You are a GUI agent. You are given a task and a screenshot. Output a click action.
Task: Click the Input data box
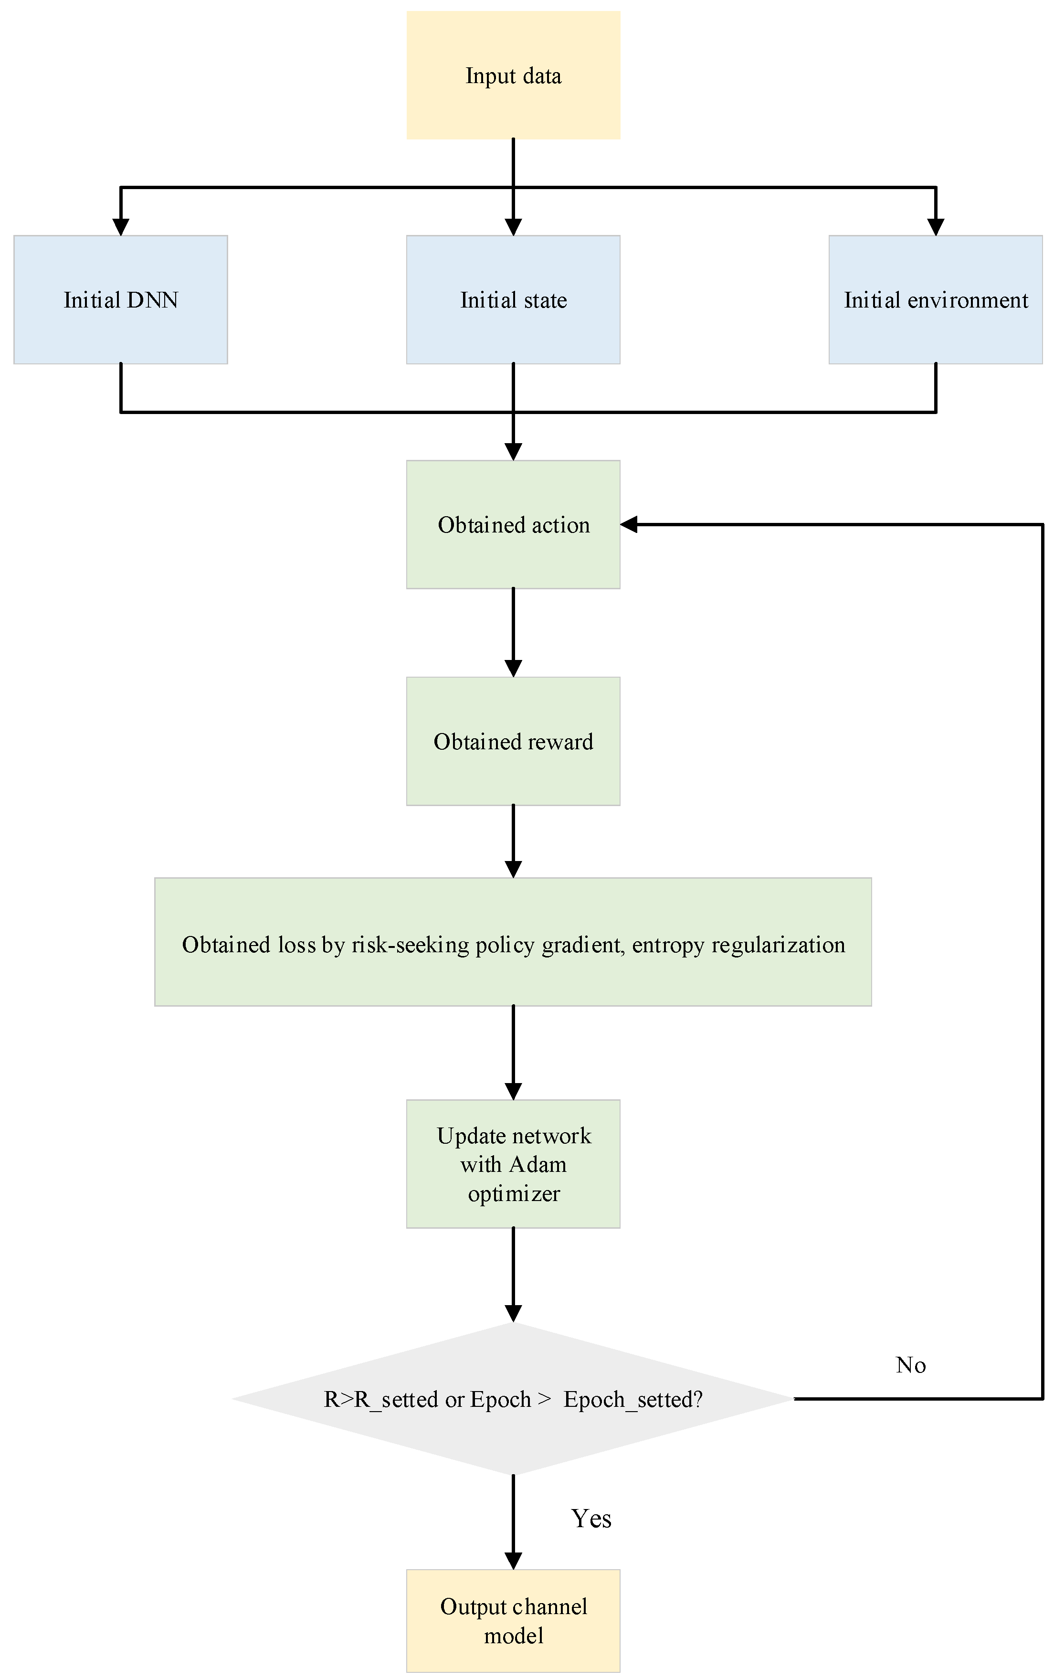tap(513, 75)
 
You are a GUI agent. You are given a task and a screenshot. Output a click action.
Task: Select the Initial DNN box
tap(121, 300)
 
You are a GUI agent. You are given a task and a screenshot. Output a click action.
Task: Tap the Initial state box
tap(513, 300)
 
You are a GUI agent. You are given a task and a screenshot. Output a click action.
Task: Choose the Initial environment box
tap(936, 300)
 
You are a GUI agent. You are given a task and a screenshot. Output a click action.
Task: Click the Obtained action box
tap(513, 524)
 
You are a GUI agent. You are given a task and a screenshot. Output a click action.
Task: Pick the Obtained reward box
tap(513, 741)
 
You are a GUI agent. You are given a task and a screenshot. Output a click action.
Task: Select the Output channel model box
tap(513, 1621)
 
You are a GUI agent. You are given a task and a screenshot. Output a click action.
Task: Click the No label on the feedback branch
tap(910, 1365)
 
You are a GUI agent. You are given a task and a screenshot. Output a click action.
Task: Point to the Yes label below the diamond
tap(591, 1519)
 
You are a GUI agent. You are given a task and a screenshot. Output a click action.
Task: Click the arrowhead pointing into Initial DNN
tap(121, 227)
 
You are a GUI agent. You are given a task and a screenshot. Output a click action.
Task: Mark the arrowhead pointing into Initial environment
tap(936, 227)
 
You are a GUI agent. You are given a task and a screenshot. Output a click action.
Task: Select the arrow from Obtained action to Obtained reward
tap(513, 631)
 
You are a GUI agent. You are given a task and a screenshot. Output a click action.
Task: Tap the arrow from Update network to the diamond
tap(513, 1273)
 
